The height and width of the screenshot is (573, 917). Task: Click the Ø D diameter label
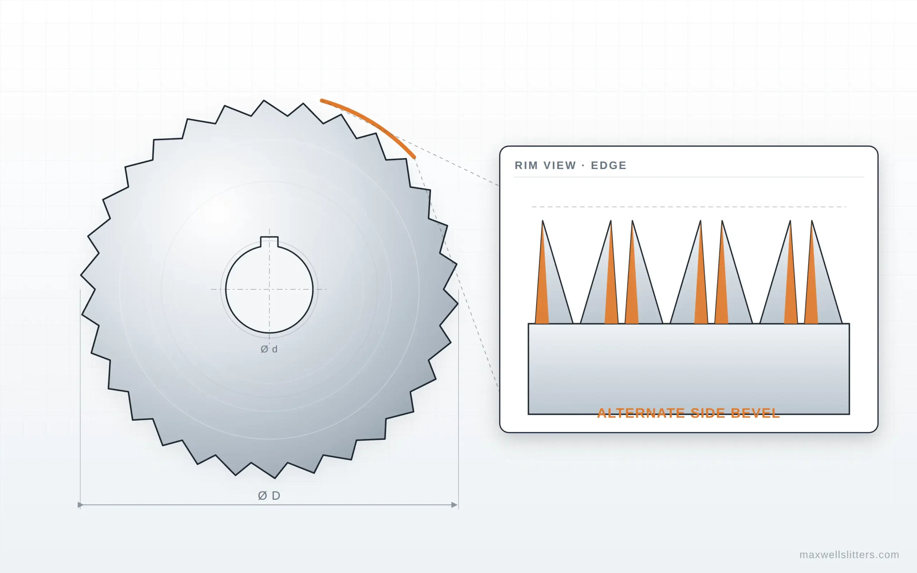click(x=269, y=495)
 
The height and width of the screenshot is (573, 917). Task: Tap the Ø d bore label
click(x=269, y=349)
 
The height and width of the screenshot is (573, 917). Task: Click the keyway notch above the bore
click(x=269, y=241)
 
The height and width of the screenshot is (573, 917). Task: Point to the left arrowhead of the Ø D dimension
click(x=80, y=505)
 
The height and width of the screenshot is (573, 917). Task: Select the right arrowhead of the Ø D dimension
click(x=454, y=505)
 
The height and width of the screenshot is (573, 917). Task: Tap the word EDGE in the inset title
click(x=609, y=165)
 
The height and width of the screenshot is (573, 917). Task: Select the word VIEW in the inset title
click(x=559, y=165)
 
